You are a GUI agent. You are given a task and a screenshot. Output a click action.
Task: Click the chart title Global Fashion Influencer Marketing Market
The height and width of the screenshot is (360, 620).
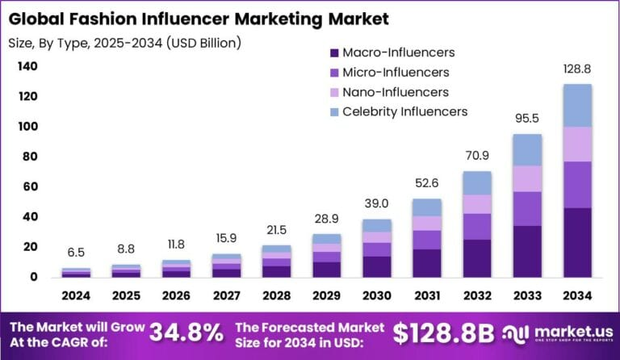coord(199,17)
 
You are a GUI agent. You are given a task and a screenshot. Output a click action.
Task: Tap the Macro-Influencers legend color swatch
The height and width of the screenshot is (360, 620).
coord(333,53)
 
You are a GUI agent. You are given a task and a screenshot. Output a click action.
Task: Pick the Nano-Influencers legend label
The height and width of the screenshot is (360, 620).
coord(396,92)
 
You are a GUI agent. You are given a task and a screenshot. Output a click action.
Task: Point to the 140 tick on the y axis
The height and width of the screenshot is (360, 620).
coord(27,67)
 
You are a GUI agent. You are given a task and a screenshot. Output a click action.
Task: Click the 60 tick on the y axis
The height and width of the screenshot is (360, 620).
coord(31,187)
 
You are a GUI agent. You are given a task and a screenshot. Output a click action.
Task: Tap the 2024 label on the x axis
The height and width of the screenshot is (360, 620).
coord(75,296)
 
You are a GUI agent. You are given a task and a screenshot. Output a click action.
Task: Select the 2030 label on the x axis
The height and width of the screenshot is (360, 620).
coord(376,296)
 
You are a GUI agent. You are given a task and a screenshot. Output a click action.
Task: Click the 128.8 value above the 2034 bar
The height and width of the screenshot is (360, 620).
coord(577,69)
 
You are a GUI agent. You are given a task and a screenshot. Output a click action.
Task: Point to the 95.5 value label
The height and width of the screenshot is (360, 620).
coord(526,119)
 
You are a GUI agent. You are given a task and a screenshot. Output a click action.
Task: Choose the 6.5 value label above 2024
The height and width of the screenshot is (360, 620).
coord(75,253)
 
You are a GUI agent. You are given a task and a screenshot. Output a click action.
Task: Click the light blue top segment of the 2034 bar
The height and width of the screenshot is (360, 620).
coord(577,105)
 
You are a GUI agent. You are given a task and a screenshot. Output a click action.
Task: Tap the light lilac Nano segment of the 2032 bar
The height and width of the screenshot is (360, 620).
coord(476,204)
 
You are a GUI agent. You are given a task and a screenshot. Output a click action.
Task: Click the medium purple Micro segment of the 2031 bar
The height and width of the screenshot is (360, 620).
coord(426,240)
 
